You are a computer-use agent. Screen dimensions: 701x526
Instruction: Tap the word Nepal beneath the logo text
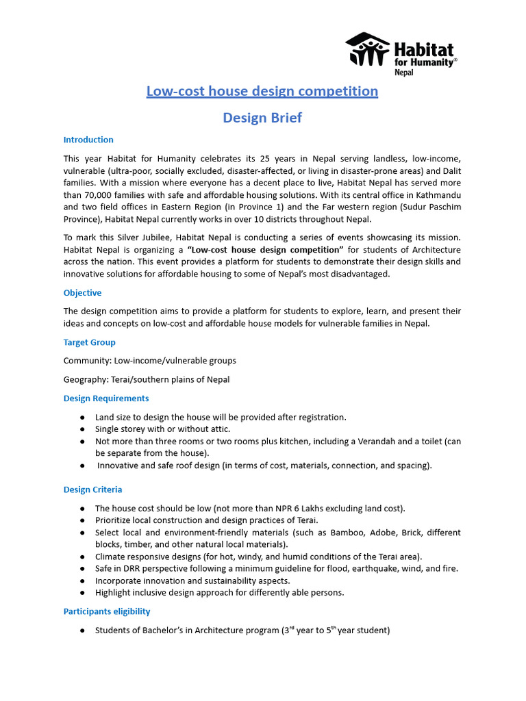click(x=404, y=72)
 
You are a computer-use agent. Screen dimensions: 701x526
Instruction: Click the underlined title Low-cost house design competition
click(x=262, y=91)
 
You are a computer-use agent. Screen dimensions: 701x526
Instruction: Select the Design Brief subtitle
click(x=262, y=118)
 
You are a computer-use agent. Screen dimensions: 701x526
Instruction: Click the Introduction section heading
click(x=88, y=140)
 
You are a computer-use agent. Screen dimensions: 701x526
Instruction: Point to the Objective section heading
click(x=82, y=293)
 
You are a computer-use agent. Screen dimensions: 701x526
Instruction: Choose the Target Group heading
click(x=90, y=342)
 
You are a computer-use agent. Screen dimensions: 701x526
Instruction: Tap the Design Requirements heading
click(x=106, y=398)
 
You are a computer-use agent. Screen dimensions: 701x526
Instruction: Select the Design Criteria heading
click(x=93, y=489)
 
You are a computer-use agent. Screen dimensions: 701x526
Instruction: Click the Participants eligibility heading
click(x=107, y=611)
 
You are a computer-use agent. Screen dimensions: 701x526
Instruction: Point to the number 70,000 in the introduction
click(x=100, y=196)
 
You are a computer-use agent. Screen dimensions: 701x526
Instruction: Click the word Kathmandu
click(x=436, y=196)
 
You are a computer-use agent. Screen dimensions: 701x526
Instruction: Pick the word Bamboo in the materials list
click(x=331, y=532)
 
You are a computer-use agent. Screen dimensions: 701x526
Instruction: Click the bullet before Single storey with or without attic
click(x=82, y=429)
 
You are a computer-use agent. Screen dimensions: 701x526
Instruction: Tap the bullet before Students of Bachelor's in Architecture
click(x=82, y=630)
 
